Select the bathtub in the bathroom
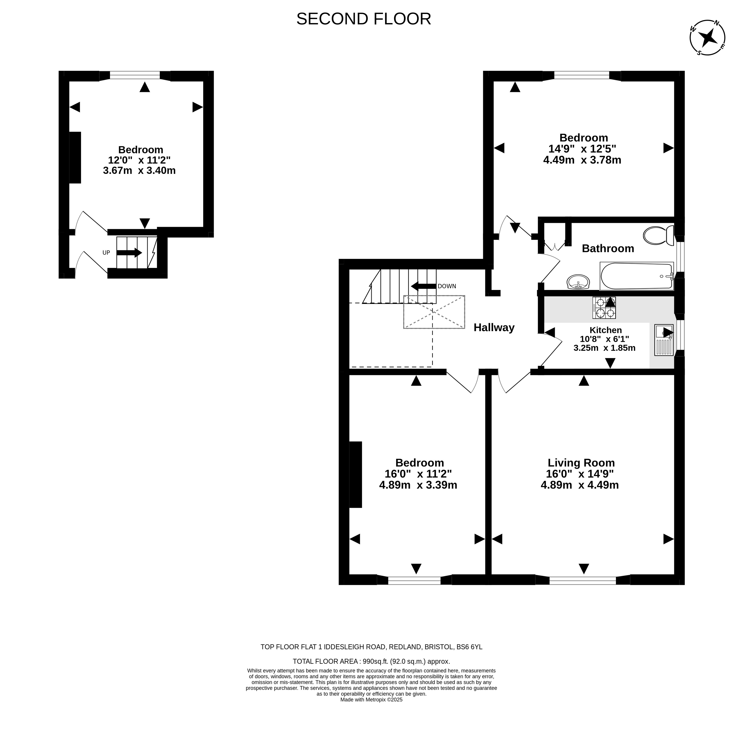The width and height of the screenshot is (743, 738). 637,276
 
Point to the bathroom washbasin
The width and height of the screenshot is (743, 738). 578,282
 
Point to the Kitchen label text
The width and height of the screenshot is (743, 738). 606,330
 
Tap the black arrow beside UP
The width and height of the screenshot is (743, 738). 129,253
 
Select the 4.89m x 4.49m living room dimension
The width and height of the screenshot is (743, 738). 580,485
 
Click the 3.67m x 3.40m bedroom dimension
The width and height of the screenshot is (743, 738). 139,170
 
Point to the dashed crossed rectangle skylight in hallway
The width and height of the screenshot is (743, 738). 434,312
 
